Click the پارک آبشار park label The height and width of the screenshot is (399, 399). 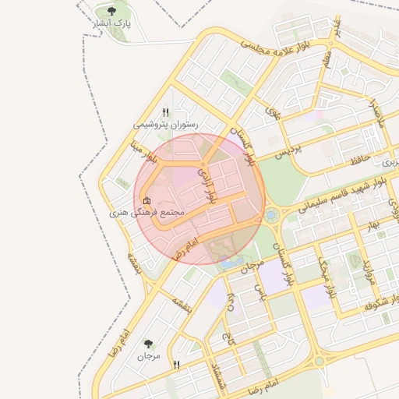(112, 24)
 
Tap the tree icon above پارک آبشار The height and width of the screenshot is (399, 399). (112, 11)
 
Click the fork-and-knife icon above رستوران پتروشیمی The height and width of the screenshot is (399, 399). (165, 113)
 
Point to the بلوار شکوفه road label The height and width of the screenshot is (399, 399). (380, 303)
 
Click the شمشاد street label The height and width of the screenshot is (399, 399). (217, 371)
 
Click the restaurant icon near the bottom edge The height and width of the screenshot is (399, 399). (177, 365)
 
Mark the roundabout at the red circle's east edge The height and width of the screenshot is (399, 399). (271, 214)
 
